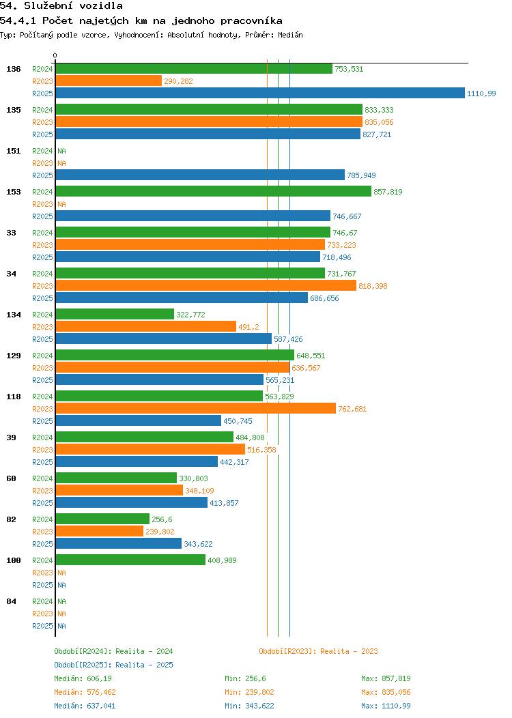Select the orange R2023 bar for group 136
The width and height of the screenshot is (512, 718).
(109, 81)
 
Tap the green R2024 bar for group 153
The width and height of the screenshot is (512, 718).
(213, 192)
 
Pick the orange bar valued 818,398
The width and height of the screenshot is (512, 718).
(205, 286)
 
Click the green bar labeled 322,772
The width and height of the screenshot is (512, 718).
(115, 315)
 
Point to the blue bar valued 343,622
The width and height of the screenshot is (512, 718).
(118, 544)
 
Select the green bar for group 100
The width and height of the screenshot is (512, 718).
(130, 560)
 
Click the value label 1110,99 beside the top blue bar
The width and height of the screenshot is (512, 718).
(481, 94)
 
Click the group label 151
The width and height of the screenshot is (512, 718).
(13, 151)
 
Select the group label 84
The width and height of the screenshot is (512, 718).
(11, 601)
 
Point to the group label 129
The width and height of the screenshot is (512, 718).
(13, 356)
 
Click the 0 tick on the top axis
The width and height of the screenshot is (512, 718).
(55, 56)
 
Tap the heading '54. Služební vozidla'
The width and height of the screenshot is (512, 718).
(61, 5)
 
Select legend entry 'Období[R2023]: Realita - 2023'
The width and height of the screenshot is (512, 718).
(318, 651)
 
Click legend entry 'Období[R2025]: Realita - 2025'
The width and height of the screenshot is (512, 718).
(113, 665)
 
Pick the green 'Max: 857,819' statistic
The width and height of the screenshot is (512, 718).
(386, 678)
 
